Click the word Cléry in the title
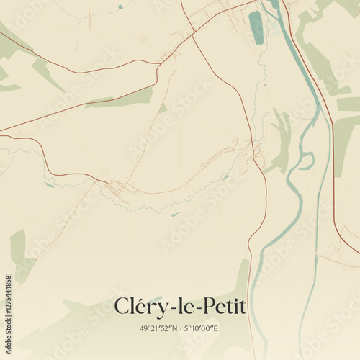[140, 307]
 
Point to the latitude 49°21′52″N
[160, 328]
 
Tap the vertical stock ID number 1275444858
[8, 295]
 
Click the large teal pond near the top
[256, 27]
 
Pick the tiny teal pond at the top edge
[120, 6]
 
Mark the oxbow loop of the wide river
[306, 161]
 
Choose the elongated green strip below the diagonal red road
[122, 98]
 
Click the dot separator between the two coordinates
[183, 329]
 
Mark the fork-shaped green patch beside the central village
[281, 140]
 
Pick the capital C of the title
[122, 307]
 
